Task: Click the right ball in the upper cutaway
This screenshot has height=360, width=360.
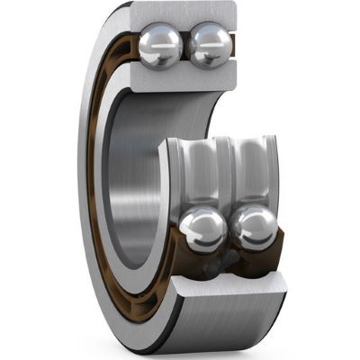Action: (209, 45)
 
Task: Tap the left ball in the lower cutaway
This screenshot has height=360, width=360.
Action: (202, 230)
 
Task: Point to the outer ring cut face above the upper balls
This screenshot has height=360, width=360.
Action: (184, 13)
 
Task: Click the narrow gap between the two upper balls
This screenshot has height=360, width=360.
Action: (185, 45)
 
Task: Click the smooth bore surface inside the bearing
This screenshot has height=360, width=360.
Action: (135, 180)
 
